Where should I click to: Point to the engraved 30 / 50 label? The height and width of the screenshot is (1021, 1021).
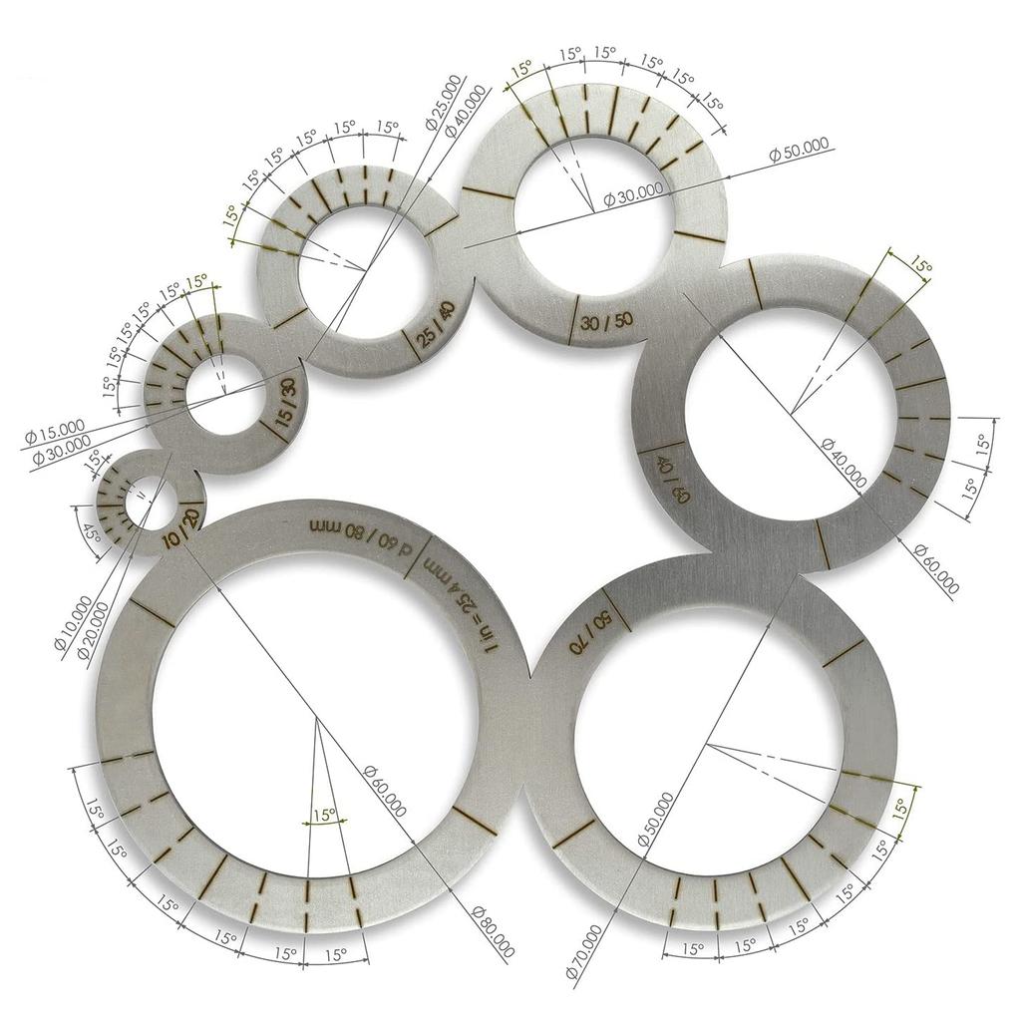[x=606, y=322]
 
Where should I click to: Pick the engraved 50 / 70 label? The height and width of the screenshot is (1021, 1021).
[x=588, y=633]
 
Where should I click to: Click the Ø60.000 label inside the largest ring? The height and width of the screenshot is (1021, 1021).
[x=385, y=792]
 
